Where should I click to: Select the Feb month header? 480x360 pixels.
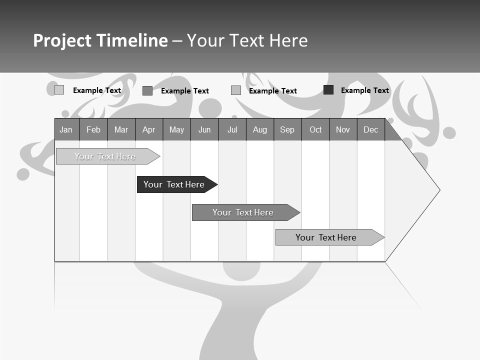[93, 129]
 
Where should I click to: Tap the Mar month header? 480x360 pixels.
[121, 129]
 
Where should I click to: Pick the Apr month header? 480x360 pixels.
[149, 129]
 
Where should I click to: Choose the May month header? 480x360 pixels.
[176, 129]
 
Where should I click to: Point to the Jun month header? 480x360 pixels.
[204, 129]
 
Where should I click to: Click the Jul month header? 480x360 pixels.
[232, 129]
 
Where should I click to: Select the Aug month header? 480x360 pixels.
[260, 129]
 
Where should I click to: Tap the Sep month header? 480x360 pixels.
[287, 129]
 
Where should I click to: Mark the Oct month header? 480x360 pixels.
[315, 129]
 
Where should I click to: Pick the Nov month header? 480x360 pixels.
[343, 129]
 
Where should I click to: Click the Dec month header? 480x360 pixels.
[371, 129]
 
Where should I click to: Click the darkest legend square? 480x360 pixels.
[328, 90]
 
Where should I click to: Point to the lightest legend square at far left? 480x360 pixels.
[59, 90]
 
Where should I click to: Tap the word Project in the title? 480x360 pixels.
[62, 40]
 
